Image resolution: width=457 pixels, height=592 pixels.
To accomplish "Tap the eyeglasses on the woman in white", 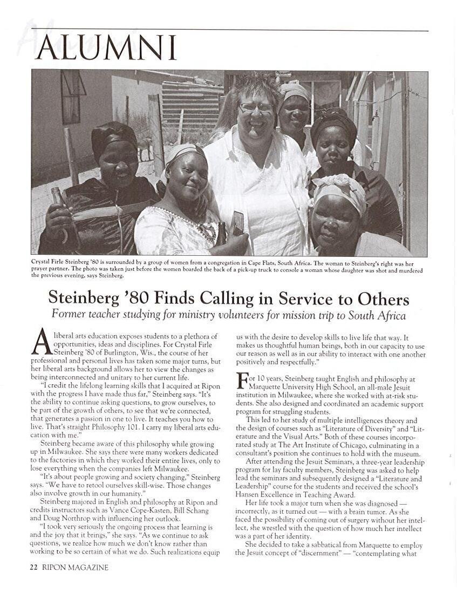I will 256,107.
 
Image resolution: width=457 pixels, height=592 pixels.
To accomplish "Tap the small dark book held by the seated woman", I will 238,222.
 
